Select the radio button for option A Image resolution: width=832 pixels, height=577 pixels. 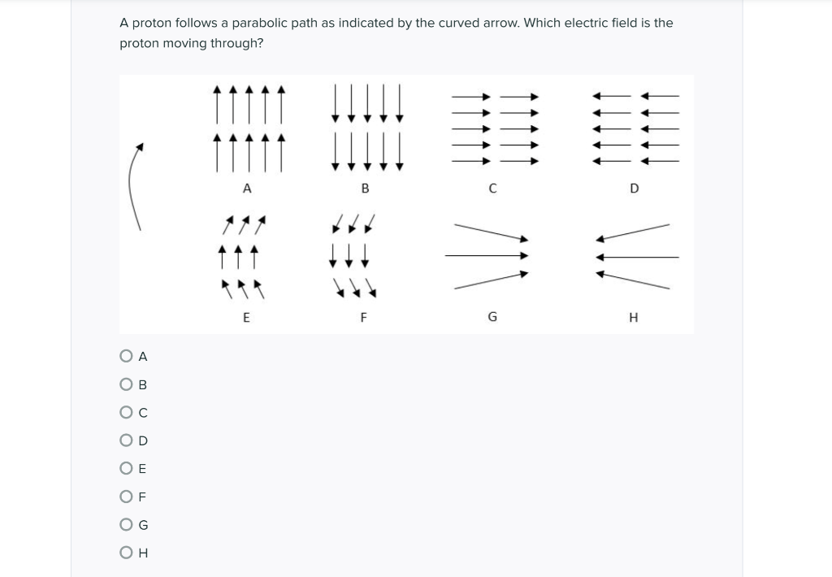pyautogui.click(x=126, y=356)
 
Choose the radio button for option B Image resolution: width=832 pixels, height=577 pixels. pyautogui.click(x=126, y=384)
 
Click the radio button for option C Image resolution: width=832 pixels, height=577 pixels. pyautogui.click(x=126, y=413)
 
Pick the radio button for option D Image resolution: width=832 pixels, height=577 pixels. pyautogui.click(x=126, y=440)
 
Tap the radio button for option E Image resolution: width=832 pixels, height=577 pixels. pyautogui.click(x=126, y=469)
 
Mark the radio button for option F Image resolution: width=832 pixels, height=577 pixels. pyautogui.click(x=126, y=497)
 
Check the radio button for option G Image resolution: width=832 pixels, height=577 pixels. pyautogui.click(x=126, y=525)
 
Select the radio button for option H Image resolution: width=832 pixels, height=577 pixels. pyautogui.click(x=126, y=553)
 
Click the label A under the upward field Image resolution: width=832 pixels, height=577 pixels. pyautogui.click(x=247, y=189)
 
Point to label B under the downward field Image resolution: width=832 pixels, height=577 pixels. pyautogui.click(x=365, y=189)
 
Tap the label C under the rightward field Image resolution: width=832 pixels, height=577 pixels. pyautogui.click(x=492, y=189)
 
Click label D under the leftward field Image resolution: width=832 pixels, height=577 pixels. pyautogui.click(x=635, y=189)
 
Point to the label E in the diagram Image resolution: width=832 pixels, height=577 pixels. pyautogui.click(x=247, y=318)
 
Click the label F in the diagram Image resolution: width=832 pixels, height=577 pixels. pyautogui.click(x=364, y=318)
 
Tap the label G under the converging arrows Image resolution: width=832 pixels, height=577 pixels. pyautogui.click(x=492, y=318)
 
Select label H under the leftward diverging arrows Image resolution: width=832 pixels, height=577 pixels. pyautogui.click(x=634, y=318)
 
